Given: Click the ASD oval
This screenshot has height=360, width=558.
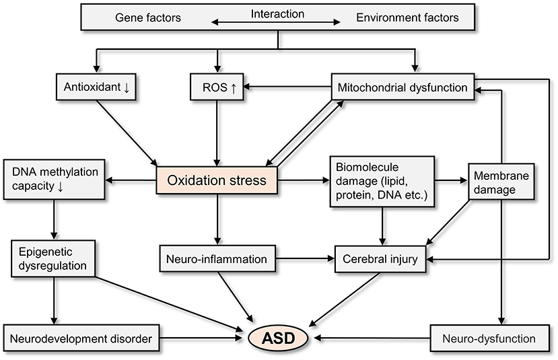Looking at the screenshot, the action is pyautogui.click(x=278, y=338).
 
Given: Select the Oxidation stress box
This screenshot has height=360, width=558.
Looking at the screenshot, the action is pyautogui.click(x=217, y=180).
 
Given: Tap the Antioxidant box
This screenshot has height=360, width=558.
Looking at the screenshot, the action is pyautogui.click(x=96, y=87).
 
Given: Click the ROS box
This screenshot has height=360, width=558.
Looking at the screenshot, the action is pyautogui.click(x=217, y=87).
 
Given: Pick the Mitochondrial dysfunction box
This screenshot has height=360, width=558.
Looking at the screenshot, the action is pyautogui.click(x=403, y=87).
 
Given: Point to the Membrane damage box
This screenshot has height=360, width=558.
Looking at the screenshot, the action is pyautogui.click(x=501, y=182).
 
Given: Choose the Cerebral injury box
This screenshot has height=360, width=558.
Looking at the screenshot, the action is pyautogui.click(x=380, y=259).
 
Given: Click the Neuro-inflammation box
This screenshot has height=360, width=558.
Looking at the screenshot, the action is pyautogui.click(x=217, y=259).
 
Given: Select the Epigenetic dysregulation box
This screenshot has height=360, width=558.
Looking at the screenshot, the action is pyautogui.click(x=53, y=258).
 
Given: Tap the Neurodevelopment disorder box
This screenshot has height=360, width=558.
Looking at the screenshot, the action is pyautogui.click(x=81, y=338).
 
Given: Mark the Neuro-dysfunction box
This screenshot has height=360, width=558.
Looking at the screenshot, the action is pyautogui.click(x=489, y=338).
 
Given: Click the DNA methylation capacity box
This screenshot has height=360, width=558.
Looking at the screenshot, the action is pyautogui.click(x=54, y=179).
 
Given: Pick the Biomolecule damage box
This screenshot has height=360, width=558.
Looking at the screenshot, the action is pyautogui.click(x=382, y=182).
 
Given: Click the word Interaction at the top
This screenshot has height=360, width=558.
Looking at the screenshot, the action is pyautogui.click(x=277, y=14).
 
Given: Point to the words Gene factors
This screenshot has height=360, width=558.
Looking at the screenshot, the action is pyautogui.click(x=148, y=17).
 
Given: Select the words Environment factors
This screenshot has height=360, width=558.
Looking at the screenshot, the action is pyautogui.click(x=407, y=17).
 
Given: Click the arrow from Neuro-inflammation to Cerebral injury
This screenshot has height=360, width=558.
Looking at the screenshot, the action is pyautogui.click(x=305, y=259).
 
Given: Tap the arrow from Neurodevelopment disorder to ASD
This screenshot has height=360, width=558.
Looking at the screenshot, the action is pyautogui.click(x=201, y=338).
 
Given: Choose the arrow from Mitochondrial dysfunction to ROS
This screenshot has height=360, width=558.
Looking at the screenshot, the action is pyautogui.click(x=287, y=86).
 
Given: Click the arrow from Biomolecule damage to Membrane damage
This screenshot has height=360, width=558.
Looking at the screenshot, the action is pyautogui.click(x=451, y=181).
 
